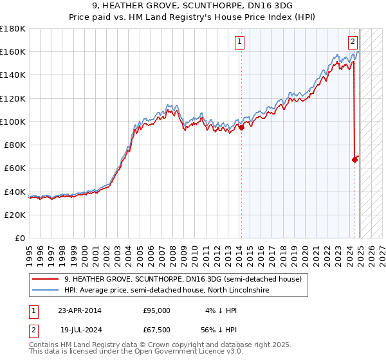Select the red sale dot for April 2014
point(241,127)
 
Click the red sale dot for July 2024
point(354,159)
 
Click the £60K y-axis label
point(15,168)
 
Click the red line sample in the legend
point(46,278)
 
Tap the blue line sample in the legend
point(46,291)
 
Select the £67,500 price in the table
point(156,332)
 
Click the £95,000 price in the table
point(156,310)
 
